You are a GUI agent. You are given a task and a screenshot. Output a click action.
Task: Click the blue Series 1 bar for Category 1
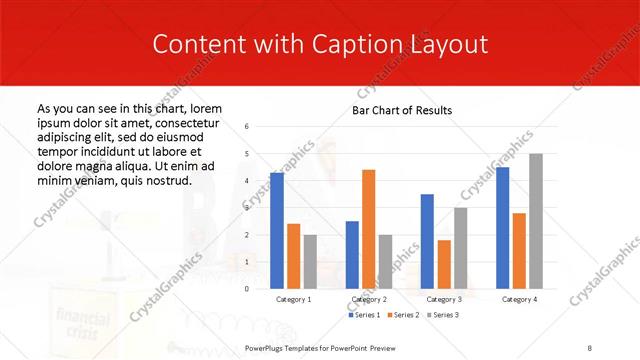[276, 230]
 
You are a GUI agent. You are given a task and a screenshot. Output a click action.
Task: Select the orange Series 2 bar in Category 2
[368, 229]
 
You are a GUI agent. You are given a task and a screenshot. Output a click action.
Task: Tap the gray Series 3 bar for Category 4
[536, 221]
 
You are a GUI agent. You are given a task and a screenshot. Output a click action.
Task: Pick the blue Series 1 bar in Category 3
[427, 241]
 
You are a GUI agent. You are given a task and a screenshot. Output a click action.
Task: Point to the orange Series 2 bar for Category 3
[444, 264]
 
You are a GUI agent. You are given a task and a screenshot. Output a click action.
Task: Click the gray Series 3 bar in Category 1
[310, 261]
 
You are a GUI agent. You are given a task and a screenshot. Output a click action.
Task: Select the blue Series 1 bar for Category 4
[502, 228]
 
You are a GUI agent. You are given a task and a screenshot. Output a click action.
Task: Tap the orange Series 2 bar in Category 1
[293, 256]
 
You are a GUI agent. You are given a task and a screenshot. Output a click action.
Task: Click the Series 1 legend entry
[363, 315]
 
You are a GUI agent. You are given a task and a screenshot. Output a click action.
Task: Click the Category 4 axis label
[519, 299]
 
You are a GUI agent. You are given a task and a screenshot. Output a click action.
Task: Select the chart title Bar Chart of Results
[402, 110]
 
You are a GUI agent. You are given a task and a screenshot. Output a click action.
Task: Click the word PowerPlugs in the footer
[266, 348]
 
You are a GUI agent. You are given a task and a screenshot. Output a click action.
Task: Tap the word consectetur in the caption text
[183, 122]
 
